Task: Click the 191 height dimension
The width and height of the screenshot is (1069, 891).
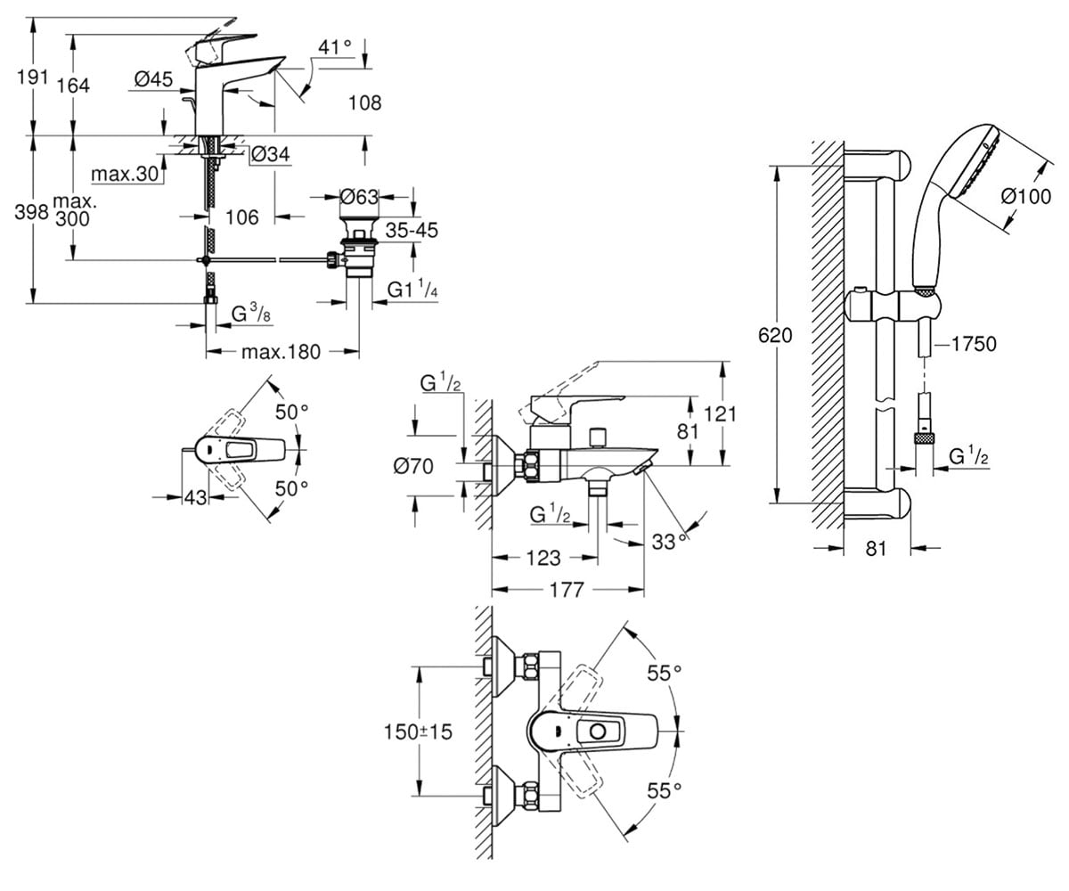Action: [x=33, y=78]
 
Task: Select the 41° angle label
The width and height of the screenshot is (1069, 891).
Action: [x=335, y=47]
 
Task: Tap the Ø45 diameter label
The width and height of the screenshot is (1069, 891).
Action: [x=153, y=79]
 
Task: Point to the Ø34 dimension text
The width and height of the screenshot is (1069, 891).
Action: [x=271, y=154]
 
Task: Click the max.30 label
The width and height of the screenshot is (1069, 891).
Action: [x=125, y=175]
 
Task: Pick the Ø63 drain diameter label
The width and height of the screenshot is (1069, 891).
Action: [x=359, y=197]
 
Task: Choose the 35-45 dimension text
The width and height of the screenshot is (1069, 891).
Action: [x=412, y=231]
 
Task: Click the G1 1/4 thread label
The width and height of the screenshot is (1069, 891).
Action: [x=412, y=290]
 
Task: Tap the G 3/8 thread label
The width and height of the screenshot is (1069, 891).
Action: [x=251, y=313]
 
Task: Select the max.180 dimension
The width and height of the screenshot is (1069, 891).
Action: [x=282, y=352]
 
